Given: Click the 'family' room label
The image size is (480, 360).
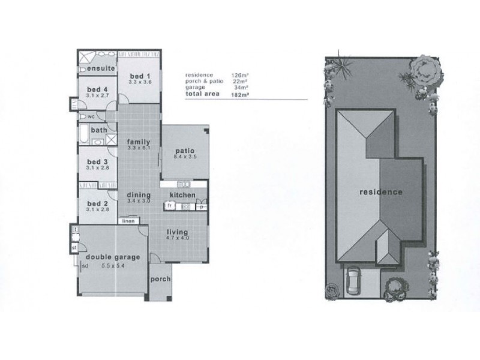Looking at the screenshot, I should (137, 142).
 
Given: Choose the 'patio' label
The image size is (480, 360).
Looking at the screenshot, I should (184, 151).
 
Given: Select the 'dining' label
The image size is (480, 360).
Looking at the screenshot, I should (138, 194).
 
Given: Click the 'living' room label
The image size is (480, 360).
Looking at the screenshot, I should (178, 232).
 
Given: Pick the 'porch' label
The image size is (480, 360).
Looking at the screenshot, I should (161, 279).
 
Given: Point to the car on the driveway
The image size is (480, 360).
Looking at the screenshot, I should (353, 280).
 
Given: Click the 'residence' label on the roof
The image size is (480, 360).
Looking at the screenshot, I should (380, 193).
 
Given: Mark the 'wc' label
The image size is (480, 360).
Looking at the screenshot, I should (91, 116).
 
